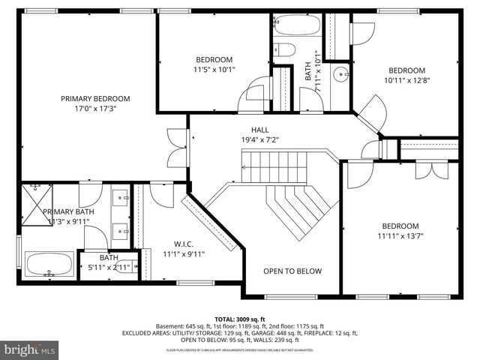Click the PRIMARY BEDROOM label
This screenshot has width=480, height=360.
point(95,98)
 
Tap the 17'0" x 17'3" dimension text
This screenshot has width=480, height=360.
point(95,108)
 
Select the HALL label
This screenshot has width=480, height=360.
point(260,130)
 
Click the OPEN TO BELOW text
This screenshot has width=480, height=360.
point(292,271)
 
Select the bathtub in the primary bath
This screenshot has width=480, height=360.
point(49,265)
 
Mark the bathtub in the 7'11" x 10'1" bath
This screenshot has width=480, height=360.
point(296,25)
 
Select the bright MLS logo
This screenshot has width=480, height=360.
point(30,349)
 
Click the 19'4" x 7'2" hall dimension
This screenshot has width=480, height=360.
point(260,139)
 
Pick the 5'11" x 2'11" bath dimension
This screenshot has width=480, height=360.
point(109,267)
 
